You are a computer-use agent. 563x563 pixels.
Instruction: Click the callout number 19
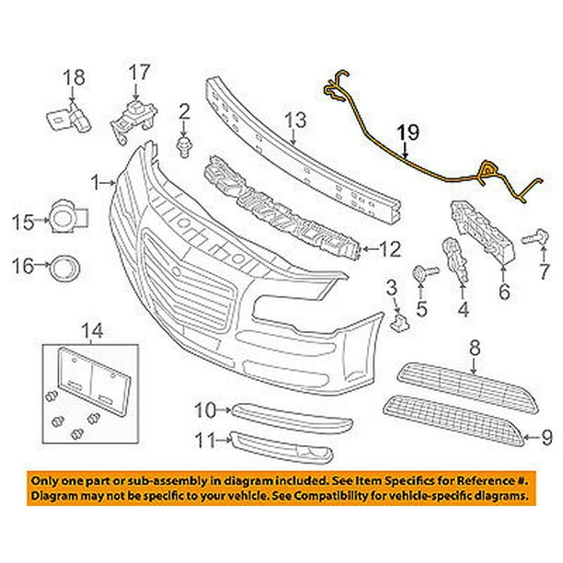[408, 133]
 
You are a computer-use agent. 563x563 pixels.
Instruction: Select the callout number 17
[138, 71]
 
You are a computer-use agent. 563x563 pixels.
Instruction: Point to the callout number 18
[73, 76]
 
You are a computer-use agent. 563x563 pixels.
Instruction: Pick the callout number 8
[475, 348]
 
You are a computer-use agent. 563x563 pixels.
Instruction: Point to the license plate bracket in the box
[89, 377]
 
